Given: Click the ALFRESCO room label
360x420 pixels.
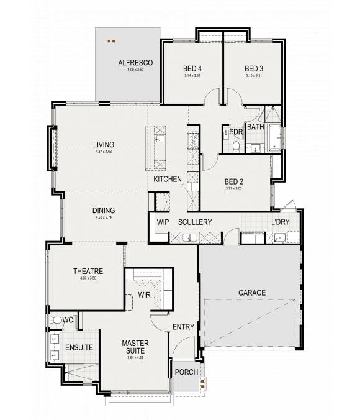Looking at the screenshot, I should click(131, 63).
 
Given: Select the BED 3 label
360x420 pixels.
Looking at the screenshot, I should click(254, 68).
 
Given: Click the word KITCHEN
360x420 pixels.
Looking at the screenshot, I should click(168, 180).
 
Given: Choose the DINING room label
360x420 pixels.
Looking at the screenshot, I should click(104, 210).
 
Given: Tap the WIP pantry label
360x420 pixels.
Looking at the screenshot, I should click(163, 222).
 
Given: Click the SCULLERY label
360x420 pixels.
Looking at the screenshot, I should click(195, 222).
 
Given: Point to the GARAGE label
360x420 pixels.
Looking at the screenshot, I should click(251, 292).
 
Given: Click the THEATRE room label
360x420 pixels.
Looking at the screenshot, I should click(88, 271).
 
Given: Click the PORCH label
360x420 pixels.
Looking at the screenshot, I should click(186, 372).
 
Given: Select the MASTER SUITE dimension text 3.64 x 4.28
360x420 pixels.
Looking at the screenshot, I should click(133, 357).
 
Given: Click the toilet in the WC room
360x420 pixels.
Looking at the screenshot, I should click(56, 321).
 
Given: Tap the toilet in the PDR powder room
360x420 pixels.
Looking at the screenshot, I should click(235, 146).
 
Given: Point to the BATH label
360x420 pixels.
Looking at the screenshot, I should click(254, 127).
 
